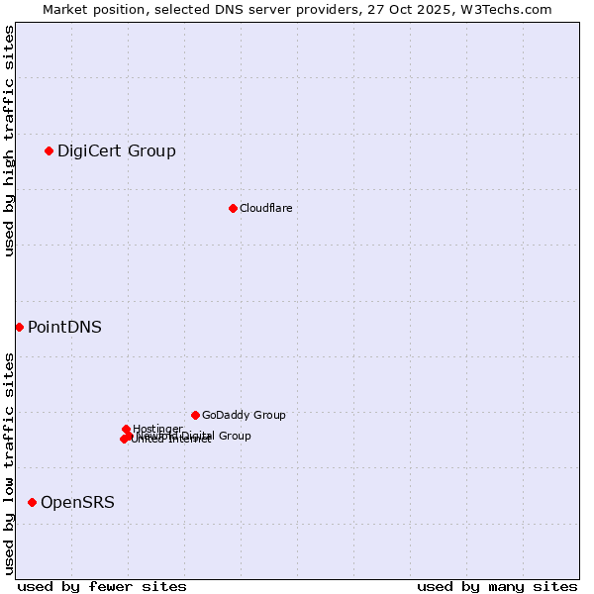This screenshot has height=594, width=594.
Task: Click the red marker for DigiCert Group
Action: click(49, 150)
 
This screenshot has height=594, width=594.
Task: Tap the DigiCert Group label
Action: click(117, 151)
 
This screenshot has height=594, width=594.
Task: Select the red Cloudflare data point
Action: click(233, 208)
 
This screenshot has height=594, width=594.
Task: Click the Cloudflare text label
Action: click(265, 208)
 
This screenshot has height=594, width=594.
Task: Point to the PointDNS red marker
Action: click(19, 327)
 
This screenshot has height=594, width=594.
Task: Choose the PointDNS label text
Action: click(64, 328)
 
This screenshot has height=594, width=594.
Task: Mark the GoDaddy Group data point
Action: click(195, 415)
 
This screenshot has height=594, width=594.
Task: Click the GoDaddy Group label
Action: click(244, 415)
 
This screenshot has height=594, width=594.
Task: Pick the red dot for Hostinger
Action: click(126, 429)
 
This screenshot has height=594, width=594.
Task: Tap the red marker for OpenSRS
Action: click(32, 502)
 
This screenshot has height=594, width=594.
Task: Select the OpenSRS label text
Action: click(77, 503)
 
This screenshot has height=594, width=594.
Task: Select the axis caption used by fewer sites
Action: click(102, 586)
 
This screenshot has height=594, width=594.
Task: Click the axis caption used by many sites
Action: click(497, 586)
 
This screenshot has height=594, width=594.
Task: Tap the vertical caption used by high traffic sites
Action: click(9, 142)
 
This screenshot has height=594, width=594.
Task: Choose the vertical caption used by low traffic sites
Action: click(9, 463)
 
